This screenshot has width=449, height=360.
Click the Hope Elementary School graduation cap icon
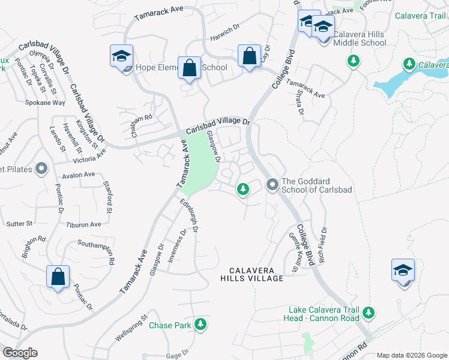point(121,56)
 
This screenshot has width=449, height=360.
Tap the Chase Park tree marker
point(200,326)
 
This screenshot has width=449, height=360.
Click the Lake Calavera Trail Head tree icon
point(369,313)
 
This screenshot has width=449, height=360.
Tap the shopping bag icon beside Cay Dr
point(249,56)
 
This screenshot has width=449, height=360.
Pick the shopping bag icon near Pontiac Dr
point(58,277)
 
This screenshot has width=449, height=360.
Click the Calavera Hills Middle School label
point(360,38)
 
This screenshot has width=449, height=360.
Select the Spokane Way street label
point(45,103)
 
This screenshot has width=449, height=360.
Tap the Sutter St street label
point(20,223)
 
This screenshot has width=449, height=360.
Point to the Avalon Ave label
point(79,175)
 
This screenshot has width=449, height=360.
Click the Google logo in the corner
point(20,353)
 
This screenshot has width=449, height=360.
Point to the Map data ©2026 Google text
point(412,355)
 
